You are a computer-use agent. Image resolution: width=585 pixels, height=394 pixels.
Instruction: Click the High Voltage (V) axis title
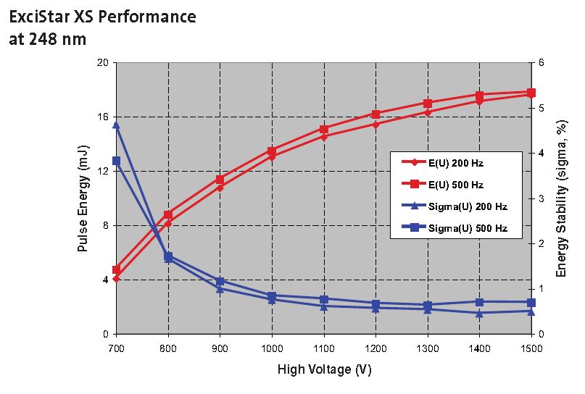click(324, 369)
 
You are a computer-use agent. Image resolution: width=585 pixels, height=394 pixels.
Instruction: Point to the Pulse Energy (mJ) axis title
click(83, 198)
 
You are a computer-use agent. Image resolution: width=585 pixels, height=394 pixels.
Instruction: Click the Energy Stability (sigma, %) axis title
click(561, 198)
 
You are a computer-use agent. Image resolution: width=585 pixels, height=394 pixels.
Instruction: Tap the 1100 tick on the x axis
click(324, 349)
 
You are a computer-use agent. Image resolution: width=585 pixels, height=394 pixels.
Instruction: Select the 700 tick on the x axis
click(116, 349)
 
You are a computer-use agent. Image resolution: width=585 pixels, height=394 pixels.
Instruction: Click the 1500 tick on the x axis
click(531, 349)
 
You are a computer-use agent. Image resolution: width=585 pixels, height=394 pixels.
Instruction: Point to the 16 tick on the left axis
click(103, 117)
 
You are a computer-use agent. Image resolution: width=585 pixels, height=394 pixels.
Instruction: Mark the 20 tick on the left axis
click(103, 62)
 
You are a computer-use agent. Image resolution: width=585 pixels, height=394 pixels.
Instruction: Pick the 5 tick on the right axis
click(542, 108)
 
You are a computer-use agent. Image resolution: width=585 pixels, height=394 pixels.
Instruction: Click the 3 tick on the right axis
click(542, 198)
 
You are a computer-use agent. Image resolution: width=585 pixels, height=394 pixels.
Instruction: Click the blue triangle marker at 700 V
click(116, 125)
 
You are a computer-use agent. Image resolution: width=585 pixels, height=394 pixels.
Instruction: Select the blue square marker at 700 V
click(116, 161)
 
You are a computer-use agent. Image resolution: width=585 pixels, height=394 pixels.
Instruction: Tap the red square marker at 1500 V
click(531, 93)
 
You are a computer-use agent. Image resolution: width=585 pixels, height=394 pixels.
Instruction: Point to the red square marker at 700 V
click(116, 269)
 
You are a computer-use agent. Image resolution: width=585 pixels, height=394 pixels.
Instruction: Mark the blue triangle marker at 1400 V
click(479, 313)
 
